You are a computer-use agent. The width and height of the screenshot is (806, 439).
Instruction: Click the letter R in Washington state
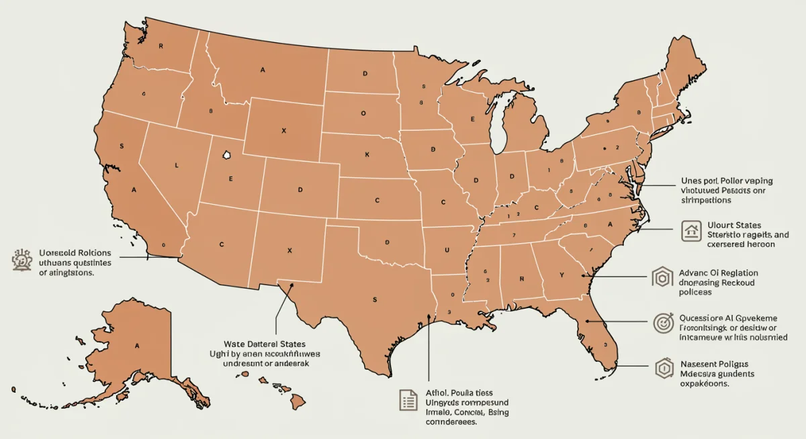click(x=161, y=46)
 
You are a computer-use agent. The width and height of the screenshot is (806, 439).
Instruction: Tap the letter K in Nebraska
click(x=367, y=155)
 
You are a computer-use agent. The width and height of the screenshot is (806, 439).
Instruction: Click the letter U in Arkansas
click(x=445, y=250)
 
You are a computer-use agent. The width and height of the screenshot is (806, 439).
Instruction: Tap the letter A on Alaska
click(x=137, y=346)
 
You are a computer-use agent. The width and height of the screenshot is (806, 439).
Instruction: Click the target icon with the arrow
click(x=663, y=323)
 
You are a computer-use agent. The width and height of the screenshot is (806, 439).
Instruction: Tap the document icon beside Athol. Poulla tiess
click(x=408, y=401)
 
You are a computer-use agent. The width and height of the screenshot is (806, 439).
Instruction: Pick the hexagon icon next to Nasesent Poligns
click(x=663, y=367)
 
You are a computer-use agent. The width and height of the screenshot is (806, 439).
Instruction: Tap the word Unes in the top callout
click(x=691, y=181)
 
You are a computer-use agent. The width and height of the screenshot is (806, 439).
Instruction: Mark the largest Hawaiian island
click(x=298, y=401)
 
